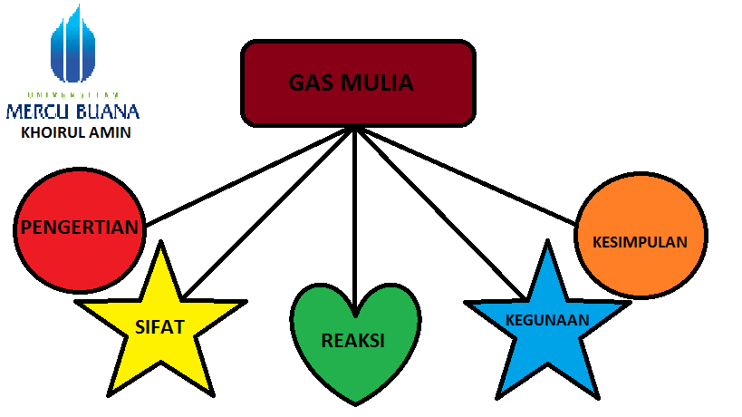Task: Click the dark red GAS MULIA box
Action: [358, 82]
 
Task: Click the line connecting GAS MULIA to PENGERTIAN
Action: [249, 177]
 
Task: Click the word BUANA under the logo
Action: [109, 112]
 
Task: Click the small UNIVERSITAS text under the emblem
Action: [72, 95]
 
